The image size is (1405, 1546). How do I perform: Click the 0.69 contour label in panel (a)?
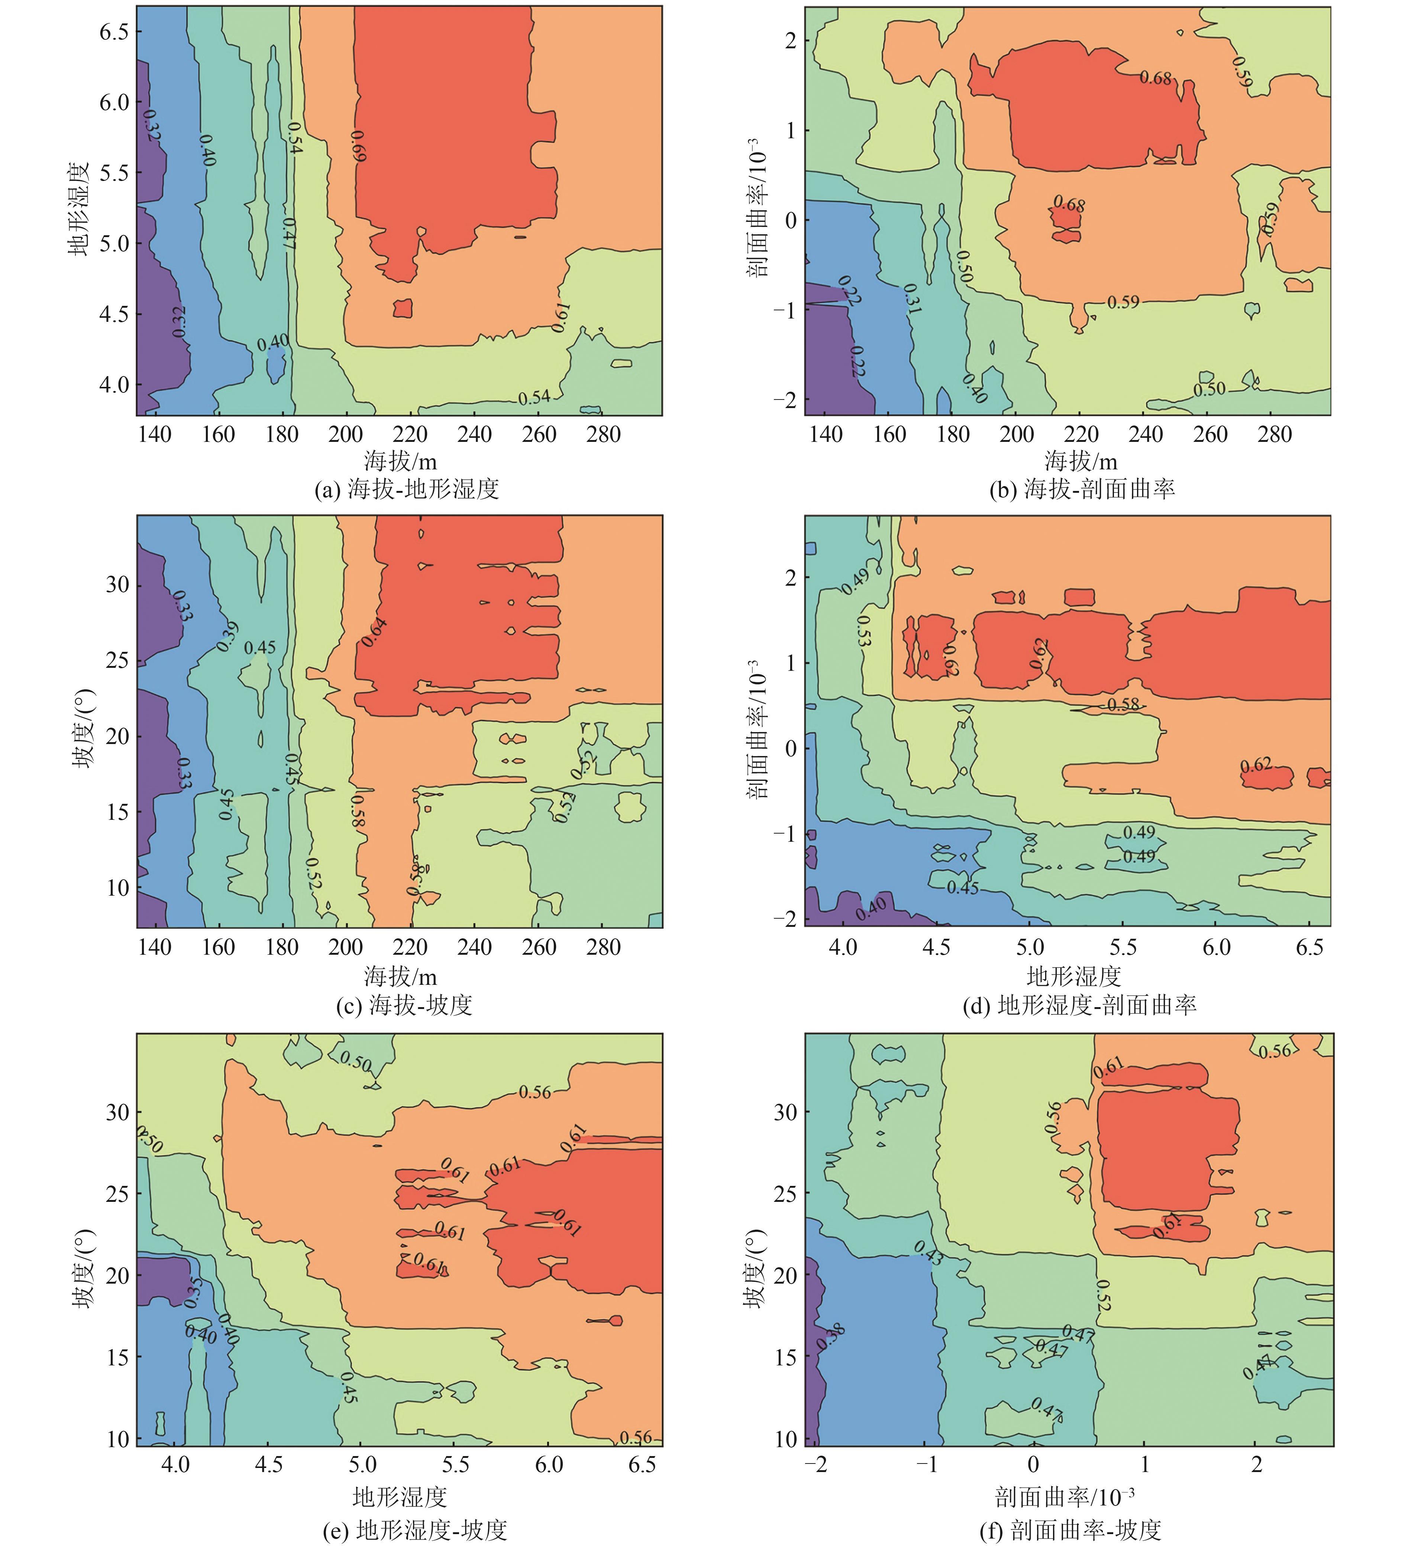pyautogui.click(x=358, y=146)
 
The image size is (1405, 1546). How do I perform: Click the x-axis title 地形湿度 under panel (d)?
pyautogui.click(x=1074, y=976)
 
